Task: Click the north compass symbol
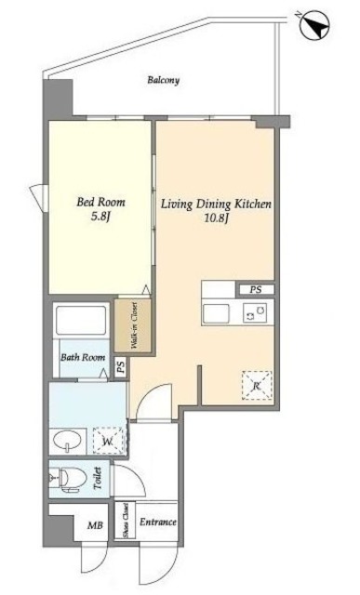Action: (313, 25)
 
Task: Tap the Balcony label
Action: (164, 80)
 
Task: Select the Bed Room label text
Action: (100, 202)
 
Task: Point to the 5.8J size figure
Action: (100, 217)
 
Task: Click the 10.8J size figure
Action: (216, 218)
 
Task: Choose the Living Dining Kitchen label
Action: (216, 205)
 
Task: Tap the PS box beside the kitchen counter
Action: (256, 290)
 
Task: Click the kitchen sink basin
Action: (216, 314)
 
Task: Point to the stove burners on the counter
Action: (255, 313)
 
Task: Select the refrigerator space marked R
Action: (257, 386)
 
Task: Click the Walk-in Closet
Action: (133, 325)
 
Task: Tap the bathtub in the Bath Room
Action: (81, 320)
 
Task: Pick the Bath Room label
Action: (83, 357)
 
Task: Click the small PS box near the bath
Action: (121, 368)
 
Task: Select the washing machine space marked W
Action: (108, 441)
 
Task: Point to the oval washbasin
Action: (68, 440)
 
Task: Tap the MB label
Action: (95, 525)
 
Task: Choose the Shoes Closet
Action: (125, 521)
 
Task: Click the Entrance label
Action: (158, 522)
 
